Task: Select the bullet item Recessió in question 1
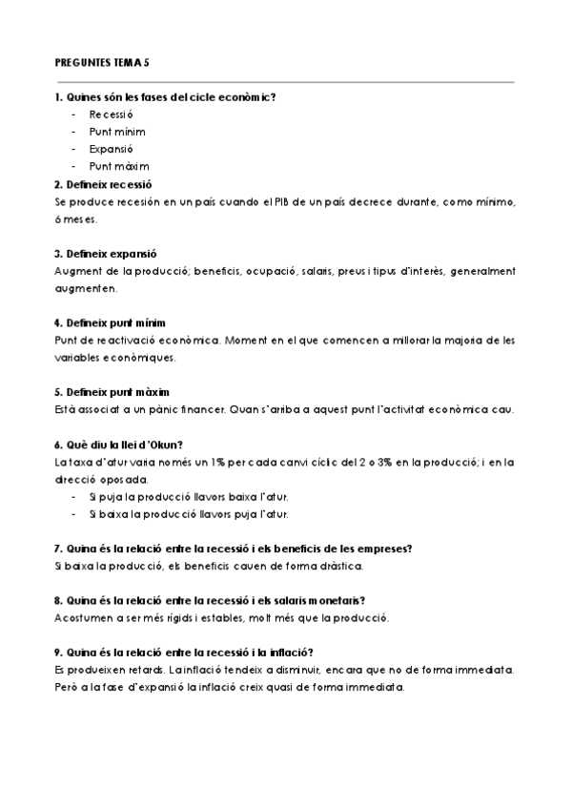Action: pos(112,114)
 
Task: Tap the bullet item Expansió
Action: pos(111,149)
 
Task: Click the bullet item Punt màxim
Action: pos(120,166)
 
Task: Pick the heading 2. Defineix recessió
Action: pos(104,184)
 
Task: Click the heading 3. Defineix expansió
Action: pos(106,254)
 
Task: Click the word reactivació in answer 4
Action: pos(118,341)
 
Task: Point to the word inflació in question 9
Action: pos(290,653)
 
